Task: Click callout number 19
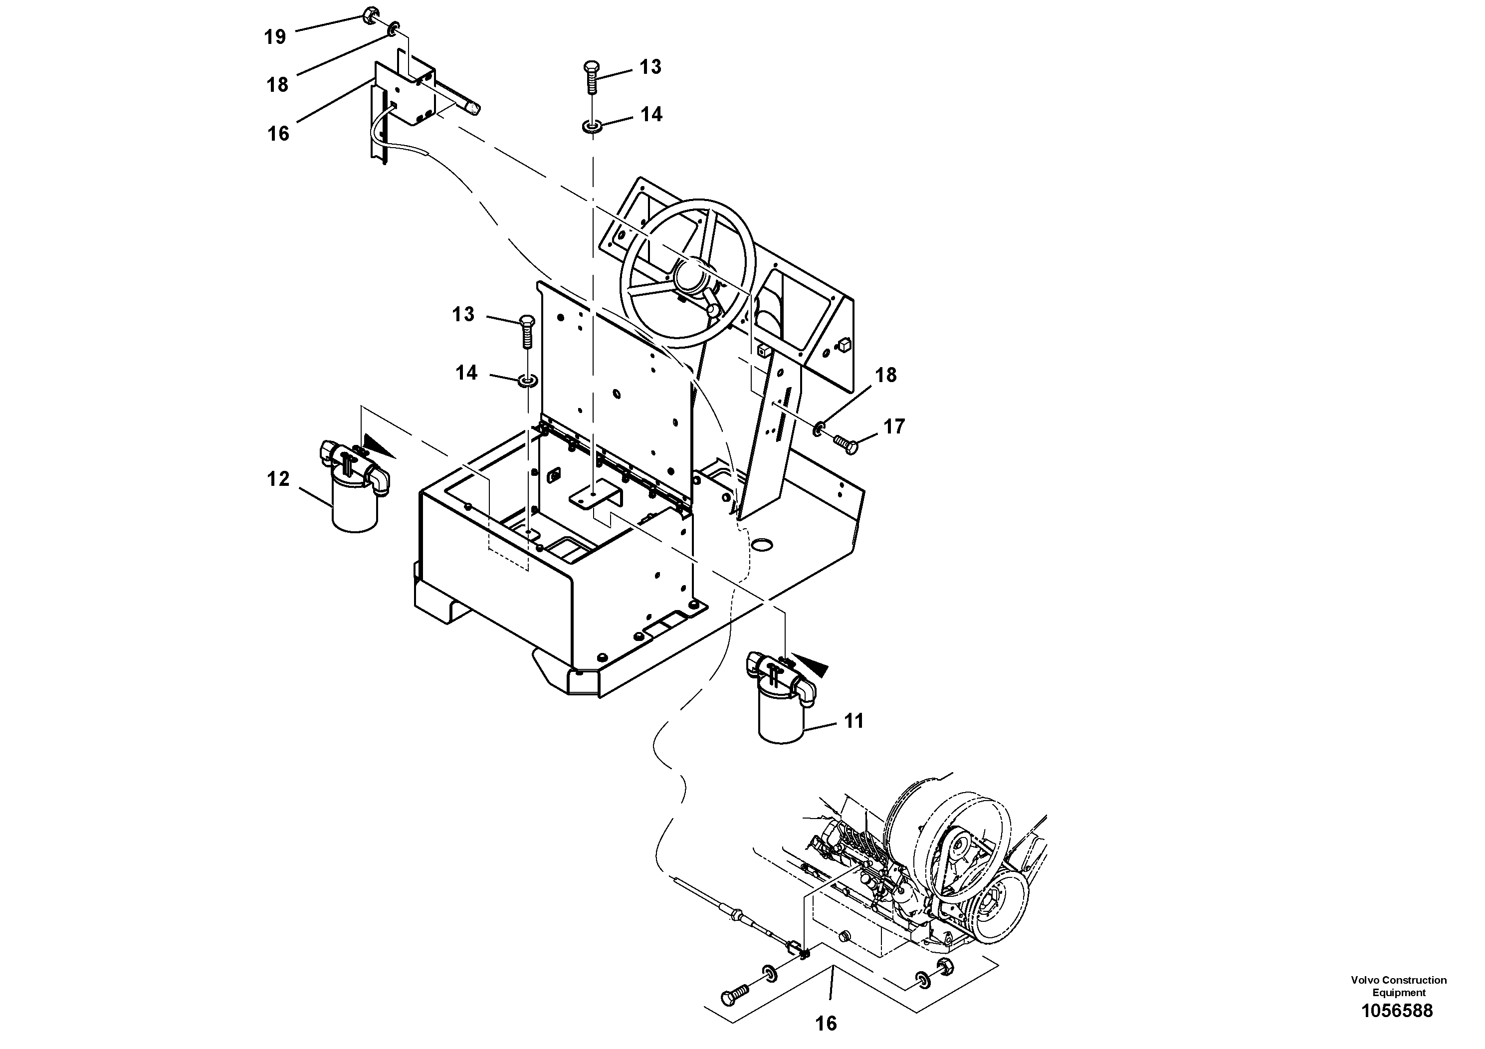[x=275, y=37]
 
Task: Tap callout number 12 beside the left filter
[x=278, y=479]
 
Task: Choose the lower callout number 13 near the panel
[x=463, y=314]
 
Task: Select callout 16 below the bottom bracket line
[x=826, y=1024]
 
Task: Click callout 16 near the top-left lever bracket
[x=278, y=134]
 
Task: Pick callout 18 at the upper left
[x=277, y=85]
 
